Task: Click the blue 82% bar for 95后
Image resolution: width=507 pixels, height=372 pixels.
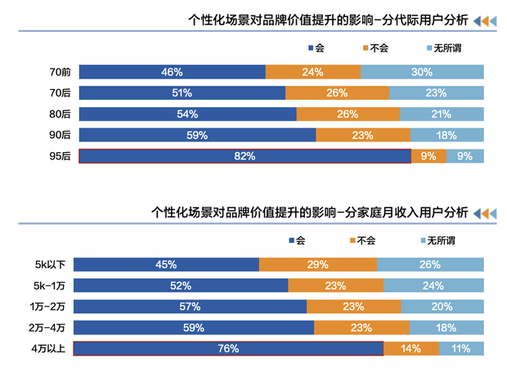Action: click(245, 155)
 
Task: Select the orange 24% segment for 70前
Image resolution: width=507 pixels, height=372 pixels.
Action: click(312, 72)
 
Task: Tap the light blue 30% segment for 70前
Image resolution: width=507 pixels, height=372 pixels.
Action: click(422, 72)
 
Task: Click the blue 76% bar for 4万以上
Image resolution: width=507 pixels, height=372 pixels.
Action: click(228, 348)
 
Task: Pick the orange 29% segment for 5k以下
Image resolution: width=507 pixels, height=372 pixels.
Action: click(318, 264)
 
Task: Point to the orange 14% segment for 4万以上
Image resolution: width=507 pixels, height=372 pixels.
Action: click(411, 348)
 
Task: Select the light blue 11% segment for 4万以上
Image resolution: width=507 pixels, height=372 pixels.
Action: click(461, 348)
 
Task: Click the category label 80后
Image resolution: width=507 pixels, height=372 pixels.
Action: click(60, 114)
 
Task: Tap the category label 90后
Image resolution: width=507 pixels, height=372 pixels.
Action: click(60, 135)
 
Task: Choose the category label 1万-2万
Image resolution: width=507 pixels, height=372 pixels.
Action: click(51, 307)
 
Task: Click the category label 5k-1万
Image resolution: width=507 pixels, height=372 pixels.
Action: click(52, 285)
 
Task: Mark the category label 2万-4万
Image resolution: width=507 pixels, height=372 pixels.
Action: click(51, 327)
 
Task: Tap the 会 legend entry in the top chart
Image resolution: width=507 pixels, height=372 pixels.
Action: click(320, 48)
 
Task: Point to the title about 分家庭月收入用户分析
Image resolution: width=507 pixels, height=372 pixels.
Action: click(310, 213)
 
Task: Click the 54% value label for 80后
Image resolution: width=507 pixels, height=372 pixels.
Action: click(187, 114)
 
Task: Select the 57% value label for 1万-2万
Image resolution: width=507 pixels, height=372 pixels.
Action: click(190, 307)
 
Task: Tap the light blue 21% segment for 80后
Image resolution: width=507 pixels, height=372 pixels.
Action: click(442, 114)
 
